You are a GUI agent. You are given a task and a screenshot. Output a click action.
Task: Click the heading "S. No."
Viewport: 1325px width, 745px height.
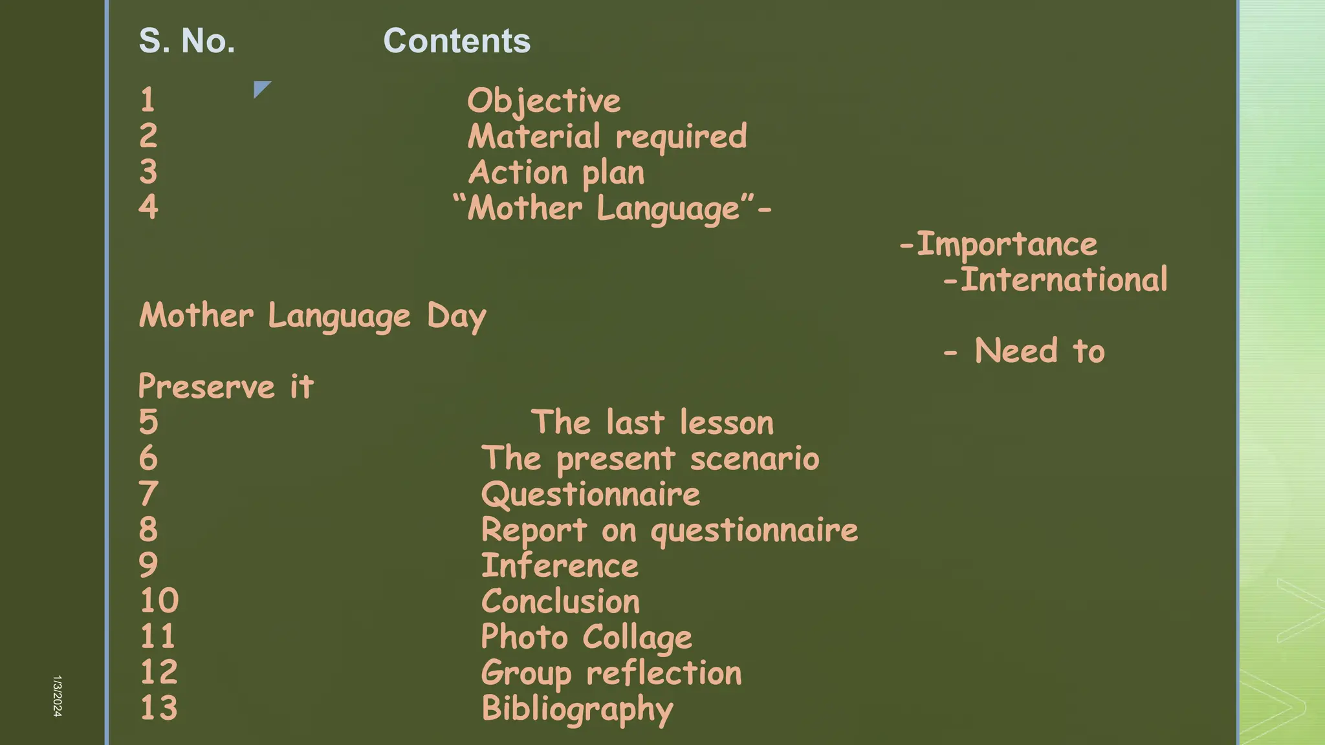click(x=187, y=41)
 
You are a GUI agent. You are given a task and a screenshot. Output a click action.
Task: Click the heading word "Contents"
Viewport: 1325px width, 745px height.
click(x=457, y=41)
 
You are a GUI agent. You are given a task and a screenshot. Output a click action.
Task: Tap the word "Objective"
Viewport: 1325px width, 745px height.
click(x=543, y=101)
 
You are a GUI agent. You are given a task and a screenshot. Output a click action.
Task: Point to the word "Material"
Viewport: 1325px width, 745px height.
click(x=534, y=136)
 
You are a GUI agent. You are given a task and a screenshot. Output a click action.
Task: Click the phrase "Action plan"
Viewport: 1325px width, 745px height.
click(x=556, y=173)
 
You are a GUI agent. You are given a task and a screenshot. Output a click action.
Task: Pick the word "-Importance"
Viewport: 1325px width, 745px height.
click(x=998, y=244)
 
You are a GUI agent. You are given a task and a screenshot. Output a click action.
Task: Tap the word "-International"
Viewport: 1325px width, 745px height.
click(x=1055, y=280)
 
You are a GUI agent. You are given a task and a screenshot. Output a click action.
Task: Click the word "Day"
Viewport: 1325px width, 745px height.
click(x=456, y=317)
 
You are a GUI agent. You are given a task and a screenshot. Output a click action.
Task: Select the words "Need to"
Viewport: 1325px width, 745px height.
click(x=1039, y=351)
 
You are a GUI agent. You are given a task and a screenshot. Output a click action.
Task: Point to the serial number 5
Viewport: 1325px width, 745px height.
click(x=148, y=422)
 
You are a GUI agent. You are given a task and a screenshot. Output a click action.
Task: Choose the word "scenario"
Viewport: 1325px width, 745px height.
click(x=754, y=459)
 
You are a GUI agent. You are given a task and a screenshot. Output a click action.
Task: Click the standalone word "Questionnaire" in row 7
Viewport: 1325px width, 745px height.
click(x=590, y=495)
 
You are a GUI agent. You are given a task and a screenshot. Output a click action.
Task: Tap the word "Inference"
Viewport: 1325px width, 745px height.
click(x=560, y=566)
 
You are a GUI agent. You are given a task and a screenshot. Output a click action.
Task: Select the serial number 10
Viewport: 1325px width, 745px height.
click(x=159, y=601)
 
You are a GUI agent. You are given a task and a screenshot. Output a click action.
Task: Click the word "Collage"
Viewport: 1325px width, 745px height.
click(x=637, y=638)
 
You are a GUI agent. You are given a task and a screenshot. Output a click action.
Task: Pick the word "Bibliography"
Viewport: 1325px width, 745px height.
click(x=577, y=709)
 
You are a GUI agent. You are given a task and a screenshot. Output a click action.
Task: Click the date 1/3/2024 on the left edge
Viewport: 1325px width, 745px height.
click(x=57, y=696)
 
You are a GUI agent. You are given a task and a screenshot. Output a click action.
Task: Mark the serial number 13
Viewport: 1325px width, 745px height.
click(x=159, y=707)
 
